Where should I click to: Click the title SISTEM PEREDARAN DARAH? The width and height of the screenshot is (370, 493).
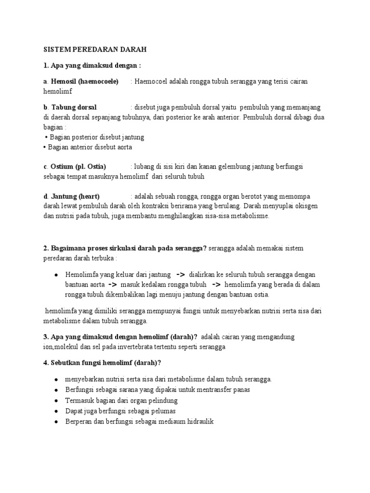pos(88,50)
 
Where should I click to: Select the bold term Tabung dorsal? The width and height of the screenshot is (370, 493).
pos(74,107)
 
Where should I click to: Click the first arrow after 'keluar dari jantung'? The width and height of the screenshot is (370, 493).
pos(181,274)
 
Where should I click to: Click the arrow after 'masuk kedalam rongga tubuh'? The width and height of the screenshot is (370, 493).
pos(216,284)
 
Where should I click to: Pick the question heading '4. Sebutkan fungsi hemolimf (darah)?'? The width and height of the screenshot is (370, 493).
pos(102,363)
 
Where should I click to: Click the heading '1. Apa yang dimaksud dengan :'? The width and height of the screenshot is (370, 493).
pos(92,65)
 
